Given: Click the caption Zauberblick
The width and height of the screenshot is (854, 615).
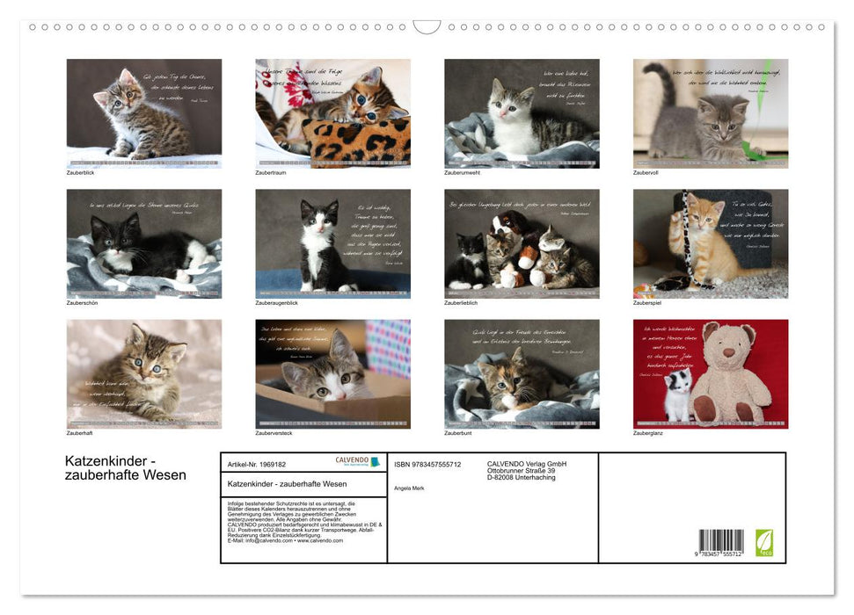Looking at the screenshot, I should pos(80,173).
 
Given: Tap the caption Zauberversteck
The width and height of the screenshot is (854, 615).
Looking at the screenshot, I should pos(274,433).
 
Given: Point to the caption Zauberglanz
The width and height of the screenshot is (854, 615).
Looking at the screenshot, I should pos(648,433).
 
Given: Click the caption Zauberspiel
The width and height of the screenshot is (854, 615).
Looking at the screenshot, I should pos(646,303).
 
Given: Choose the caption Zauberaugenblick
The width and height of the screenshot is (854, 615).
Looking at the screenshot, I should pos(276,303).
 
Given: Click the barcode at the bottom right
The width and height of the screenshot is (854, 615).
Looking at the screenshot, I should pos(721,541).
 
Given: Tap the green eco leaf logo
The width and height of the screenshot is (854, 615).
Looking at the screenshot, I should pos(764,542).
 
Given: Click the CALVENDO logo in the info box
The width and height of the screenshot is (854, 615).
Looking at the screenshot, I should pos(357,461).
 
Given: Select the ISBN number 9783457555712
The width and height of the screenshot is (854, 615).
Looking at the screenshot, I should pos(427,464).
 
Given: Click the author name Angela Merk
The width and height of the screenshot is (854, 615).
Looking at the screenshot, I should pos(409,488).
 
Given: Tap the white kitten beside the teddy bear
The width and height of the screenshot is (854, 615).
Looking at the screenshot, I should pos(677,395).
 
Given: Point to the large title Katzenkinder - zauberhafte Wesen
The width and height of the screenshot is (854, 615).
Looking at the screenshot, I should pos(126,468).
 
